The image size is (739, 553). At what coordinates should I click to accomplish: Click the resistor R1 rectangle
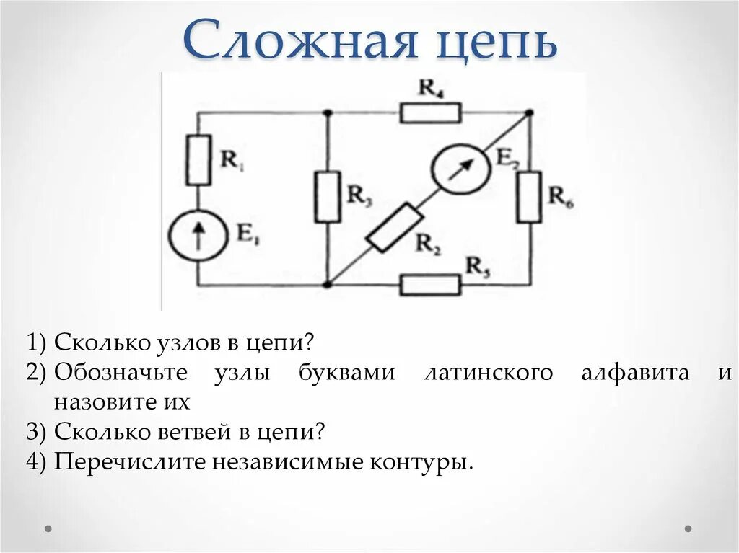[198, 160]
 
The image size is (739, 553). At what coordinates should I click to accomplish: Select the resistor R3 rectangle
[327, 197]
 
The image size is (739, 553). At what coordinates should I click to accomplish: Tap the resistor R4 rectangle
[431, 112]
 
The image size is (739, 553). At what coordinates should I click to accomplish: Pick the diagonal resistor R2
[394, 227]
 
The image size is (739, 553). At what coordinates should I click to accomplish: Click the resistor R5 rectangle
[430, 285]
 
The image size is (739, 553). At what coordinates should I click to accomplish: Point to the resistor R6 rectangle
[529, 197]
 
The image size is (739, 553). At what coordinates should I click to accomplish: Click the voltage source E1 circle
[198, 235]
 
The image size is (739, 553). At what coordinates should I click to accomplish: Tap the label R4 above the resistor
[431, 89]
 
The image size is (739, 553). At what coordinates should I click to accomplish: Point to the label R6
[561, 195]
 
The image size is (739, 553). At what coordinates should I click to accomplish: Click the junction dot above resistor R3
[327, 112]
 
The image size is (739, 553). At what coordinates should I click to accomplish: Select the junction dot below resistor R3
[327, 285]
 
